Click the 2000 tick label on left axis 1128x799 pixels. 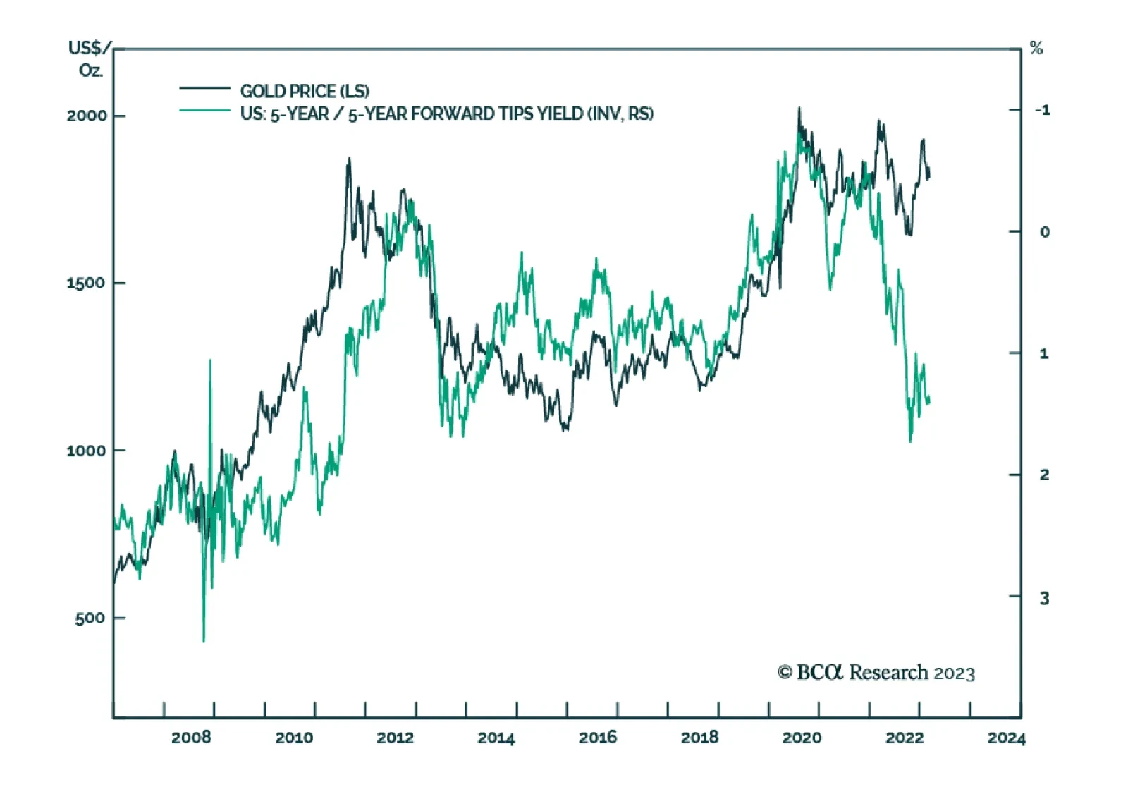87,116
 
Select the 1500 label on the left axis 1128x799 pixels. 86,283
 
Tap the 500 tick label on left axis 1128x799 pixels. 90,618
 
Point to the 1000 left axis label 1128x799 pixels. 86,451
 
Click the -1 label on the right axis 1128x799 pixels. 1042,110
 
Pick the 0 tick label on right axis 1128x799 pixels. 1045,232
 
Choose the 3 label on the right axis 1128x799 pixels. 1045,598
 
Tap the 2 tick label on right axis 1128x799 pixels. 1045,475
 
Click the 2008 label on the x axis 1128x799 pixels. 191,738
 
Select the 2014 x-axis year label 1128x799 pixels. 496,738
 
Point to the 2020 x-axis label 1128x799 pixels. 802,738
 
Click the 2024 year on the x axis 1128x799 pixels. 1006,738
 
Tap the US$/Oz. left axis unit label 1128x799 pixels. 90,59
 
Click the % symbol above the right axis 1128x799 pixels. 1036,49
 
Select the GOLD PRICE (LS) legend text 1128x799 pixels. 305,91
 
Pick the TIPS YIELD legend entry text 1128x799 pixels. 447,114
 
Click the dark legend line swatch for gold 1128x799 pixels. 204,88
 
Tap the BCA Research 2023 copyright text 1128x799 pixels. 876,673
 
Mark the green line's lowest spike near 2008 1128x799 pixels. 204,641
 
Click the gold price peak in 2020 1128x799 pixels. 799,109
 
